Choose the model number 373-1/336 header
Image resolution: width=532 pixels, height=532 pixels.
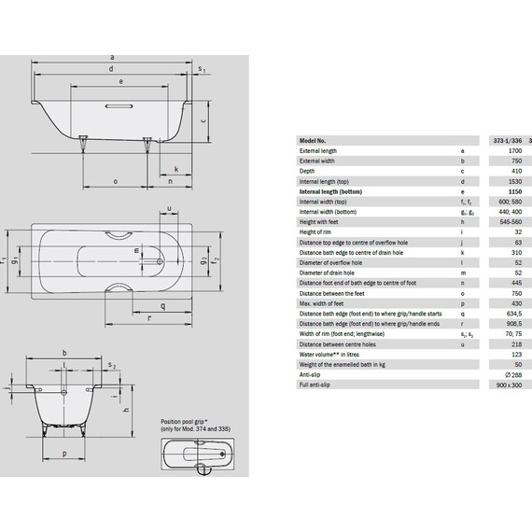[x=502, y=140]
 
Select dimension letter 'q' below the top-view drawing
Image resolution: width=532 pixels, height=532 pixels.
[x=162, y=305]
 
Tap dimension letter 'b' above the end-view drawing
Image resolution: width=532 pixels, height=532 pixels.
[x=63, y=353]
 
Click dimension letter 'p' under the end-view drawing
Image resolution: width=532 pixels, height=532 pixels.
[x=63, y=453]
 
